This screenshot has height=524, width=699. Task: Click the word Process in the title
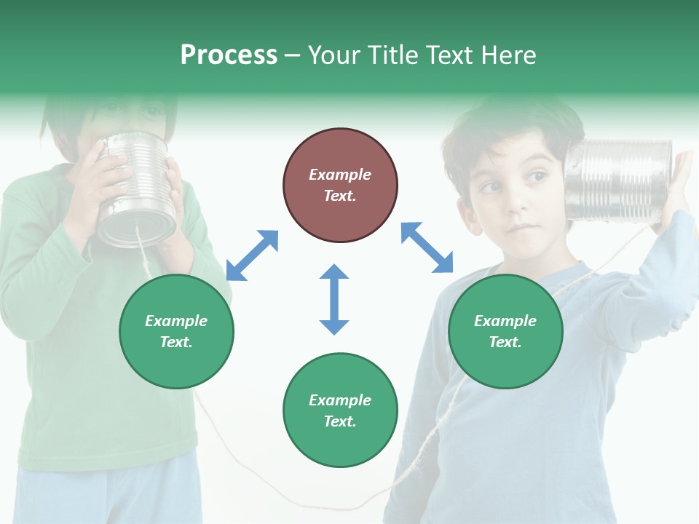point(229,55)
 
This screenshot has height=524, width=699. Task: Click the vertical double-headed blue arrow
point(334,299)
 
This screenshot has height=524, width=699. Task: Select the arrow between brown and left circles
point(252,255)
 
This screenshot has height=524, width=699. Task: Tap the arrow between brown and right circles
point(427,248)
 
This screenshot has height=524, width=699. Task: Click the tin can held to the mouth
point(136,189)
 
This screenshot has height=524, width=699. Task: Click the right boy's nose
point(516,199)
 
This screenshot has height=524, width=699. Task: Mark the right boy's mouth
point(521,227)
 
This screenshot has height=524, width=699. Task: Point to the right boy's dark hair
point(510,127)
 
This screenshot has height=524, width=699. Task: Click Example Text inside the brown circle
point(340,185)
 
